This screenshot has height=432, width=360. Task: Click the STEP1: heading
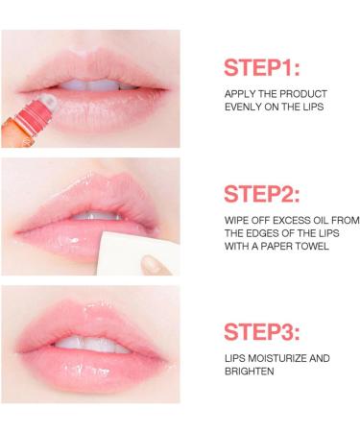[x=262, y=68]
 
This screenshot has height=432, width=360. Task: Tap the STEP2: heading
[x=262, y=194]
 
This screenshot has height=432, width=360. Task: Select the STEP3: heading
[x=262, y=332]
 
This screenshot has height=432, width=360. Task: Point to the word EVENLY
[x=245, y=107]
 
